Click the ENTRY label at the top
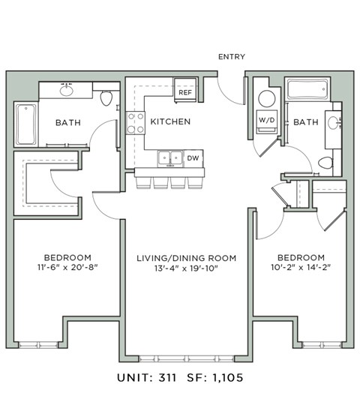click(x=231, y=57)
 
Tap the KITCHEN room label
click(x=170, y=121)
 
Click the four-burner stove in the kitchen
click(x=135, y=122)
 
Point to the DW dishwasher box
click(x=193, y=158)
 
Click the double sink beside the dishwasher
click(x=170, y=158)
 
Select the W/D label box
click(x=266, y=119)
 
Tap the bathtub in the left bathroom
click(x=25, y=124)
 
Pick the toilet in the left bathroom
click(x=106, y=97)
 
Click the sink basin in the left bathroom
click(x=67, y=91)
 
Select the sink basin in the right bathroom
click(x=332, y=122)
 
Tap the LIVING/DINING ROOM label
click(x=186, y=258)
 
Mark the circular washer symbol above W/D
click(x=266, y=98)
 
